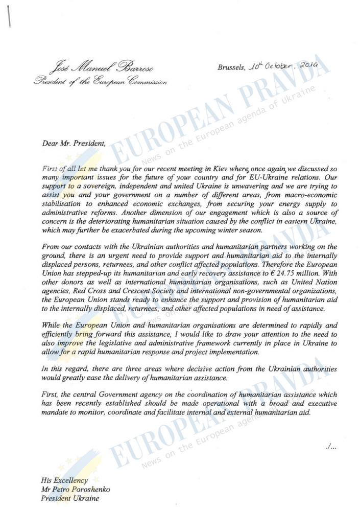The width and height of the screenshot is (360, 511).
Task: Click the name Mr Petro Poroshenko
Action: [x=76, y=489]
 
